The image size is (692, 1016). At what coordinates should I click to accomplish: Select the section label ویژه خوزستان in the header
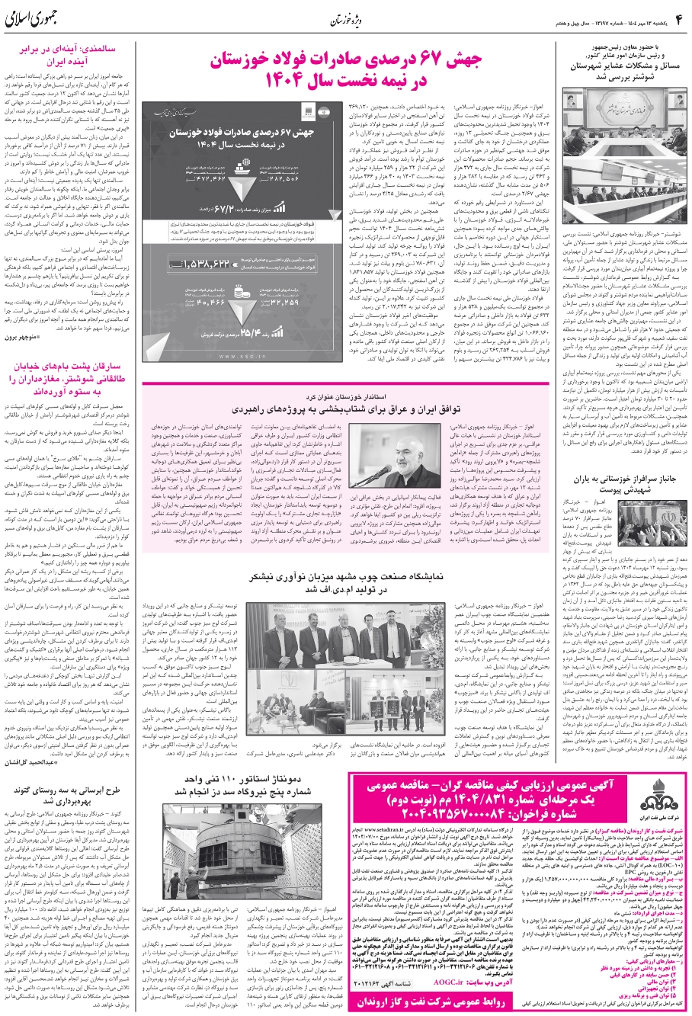pos(345,18)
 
